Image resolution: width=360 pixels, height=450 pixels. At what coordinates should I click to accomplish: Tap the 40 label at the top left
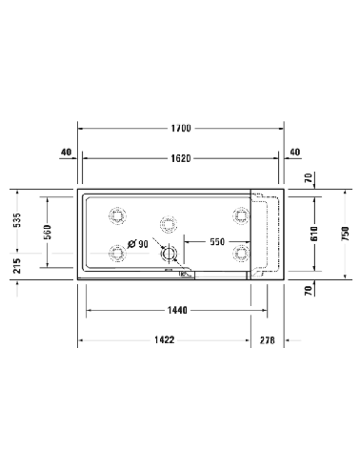pos(67,152)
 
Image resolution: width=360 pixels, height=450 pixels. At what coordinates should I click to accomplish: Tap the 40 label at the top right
pos(293,152)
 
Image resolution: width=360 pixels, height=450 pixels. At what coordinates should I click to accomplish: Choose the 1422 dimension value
pos(163,340)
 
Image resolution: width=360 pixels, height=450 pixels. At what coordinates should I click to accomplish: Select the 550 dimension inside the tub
pos(217,243)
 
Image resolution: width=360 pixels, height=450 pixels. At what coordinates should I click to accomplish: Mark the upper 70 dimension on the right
pos(309,178)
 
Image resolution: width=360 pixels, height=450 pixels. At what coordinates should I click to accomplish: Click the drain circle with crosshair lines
pos(170,255)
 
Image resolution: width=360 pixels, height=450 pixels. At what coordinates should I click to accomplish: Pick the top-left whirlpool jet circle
pos(118,215)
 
